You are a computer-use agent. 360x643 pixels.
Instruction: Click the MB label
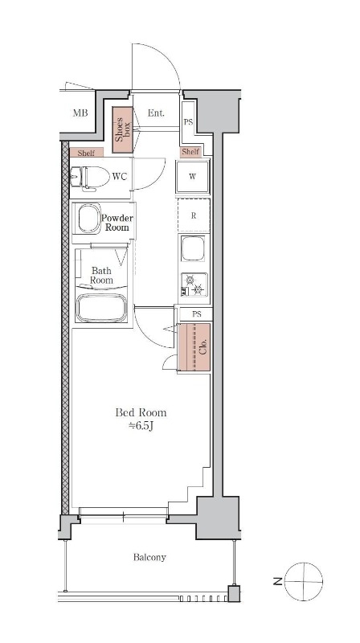click(x=80, y=113)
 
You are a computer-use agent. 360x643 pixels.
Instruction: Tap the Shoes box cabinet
click(x=123, y=129)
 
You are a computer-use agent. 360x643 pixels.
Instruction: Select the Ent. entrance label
click(x=156, y=113)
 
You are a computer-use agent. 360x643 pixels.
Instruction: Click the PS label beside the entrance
click(x=188, y=122)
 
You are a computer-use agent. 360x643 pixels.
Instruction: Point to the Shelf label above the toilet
click(x=86, y=153)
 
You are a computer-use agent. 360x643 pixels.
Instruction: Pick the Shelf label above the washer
click(x=190, y=152)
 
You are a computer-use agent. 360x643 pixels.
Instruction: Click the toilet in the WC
click(x=90, y=178)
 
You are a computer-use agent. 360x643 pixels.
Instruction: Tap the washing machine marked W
click(x=193, y=177)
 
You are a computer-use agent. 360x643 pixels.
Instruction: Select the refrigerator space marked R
click(x=194, y=215)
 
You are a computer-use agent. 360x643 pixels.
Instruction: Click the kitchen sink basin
click(x=193, y=248)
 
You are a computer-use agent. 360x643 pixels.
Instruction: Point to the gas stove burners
click(x=194, y=284)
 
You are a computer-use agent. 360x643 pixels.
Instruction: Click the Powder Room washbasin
click(x=89, y=218)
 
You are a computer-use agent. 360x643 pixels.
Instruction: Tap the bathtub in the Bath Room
click(x=101, y=307)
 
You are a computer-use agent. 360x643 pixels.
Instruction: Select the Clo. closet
click(x=194, y=347)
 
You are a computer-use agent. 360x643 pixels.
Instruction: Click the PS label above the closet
click(x=197, y=314)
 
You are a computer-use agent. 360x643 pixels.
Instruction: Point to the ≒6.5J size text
click(x=141, y=426)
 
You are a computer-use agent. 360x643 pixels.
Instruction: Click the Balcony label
click(x=149, y=557)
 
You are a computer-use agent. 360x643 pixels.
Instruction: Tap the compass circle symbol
click(x=304, y=581)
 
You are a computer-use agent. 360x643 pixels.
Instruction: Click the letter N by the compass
click(x=277, y=581)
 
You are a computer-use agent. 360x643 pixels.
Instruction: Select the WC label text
click(x=120, y=177)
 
